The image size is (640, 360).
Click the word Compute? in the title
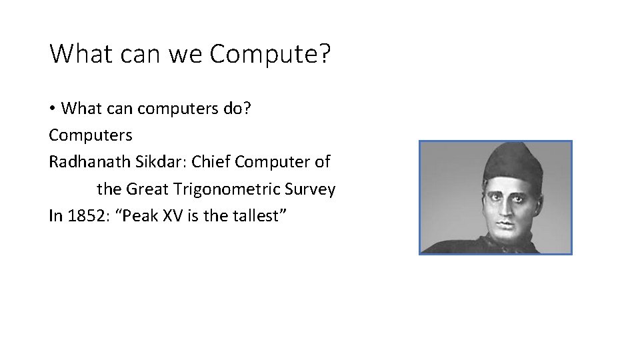(x=270, y=54)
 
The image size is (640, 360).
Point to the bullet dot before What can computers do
(x=53, y=108)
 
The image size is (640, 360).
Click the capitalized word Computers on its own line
(x=91, y=135)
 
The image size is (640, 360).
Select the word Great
(x=148, y=189)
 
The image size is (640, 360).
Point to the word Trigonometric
(x=227, y=189)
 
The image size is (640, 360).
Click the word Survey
(x=310, y=189)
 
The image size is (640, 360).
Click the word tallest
(x=263, y=216)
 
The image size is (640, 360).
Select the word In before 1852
(x=56, y=216)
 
